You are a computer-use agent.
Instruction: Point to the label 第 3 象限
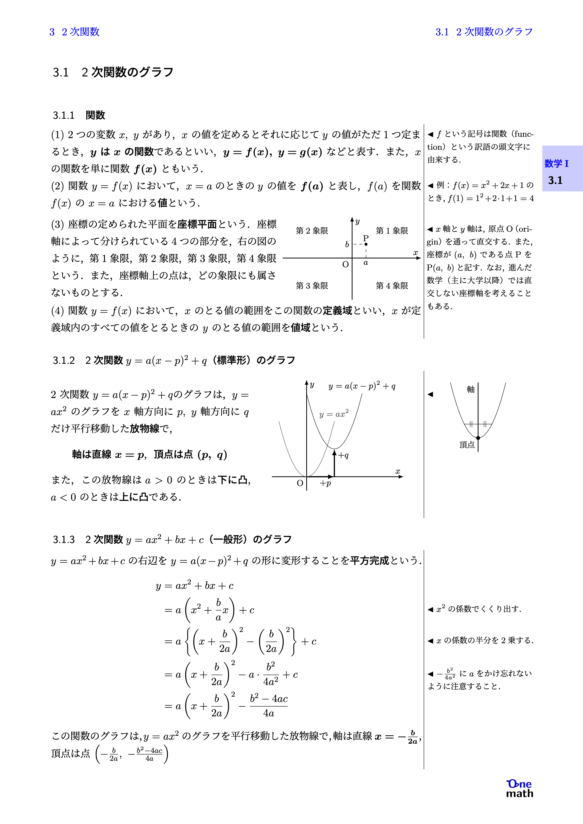pyautogui.click(x=312, y=286)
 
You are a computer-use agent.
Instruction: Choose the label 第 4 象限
pyautogui.click(x=392, y=286)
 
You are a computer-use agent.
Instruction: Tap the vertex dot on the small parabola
pyautogui.click(x=478, y=438)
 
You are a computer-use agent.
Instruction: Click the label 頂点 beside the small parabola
pyautogui.click(x=467, y=445)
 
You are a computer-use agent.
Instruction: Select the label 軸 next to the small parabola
pyautogui.click(x=471, y=389)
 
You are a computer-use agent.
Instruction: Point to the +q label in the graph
pyautogui.click(x=343, y=455)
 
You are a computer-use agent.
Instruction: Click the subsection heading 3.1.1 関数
pyautogui.click(x=79, y=115)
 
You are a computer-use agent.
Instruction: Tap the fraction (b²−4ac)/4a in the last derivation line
pyautogui.click(x=269, y=706)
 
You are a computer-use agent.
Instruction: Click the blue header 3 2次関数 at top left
pyautogui.click(x=74, y=32)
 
